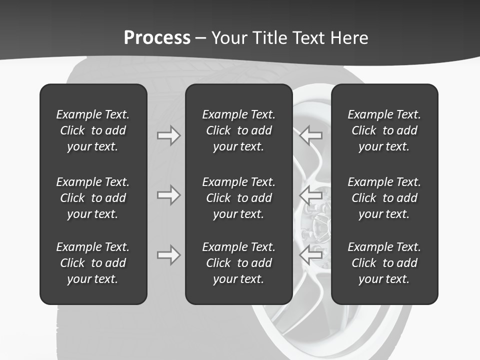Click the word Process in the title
pos(157,37)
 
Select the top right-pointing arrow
pos(168,135)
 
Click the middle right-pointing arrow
pos(168,195)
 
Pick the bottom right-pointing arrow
pos(168,255)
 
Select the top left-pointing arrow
pos(311,135)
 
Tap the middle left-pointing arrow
pos(311,195)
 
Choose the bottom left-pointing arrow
pos(311,255)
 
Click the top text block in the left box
pos(93,130)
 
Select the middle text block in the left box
pos(93,198)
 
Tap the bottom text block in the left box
pos(93,263)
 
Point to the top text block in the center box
pos(238,130)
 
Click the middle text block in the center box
pos(238,198)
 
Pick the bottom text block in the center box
pos(238,263)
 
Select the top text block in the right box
pos(384,130)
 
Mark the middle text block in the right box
pos(384,198)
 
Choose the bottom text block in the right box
pos(384,263)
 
